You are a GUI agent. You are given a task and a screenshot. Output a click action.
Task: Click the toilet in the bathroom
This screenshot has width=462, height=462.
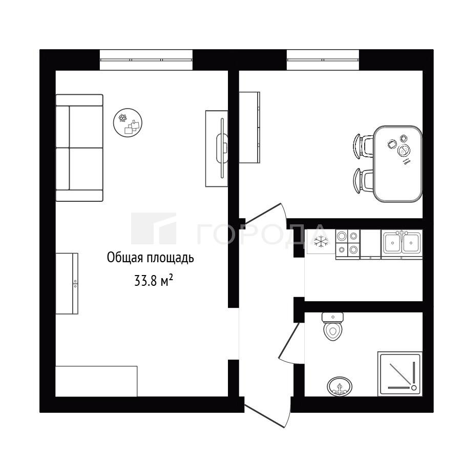click(332, 326)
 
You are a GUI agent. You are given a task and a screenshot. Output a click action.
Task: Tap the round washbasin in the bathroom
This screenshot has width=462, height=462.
click(340, 386)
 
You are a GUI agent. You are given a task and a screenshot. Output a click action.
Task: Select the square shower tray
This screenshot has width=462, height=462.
click(400, 373)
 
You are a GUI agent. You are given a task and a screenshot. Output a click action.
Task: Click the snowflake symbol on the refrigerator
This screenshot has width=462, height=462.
click(321, 242)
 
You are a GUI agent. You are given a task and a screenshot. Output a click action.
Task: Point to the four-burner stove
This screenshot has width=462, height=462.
click(347, 244)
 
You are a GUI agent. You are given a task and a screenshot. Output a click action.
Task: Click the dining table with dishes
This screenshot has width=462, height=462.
click(398, 164)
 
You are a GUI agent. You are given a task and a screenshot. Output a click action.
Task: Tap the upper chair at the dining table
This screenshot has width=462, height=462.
click(363, 146)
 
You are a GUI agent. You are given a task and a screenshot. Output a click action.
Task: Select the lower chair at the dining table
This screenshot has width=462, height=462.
click(363, 181)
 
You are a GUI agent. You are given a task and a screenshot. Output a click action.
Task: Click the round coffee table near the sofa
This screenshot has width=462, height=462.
click(128, 122)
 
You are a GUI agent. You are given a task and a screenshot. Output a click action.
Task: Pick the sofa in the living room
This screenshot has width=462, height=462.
click(79, 148)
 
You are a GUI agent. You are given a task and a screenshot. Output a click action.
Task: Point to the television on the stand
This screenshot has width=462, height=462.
click(222, 148)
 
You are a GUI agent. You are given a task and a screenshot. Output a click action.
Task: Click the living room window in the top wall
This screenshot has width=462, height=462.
click(146, 60)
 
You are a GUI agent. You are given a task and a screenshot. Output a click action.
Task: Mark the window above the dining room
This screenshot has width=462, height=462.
click(323, 60)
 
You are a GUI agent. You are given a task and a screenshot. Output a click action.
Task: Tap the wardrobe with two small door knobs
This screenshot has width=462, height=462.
click(67, 283)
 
